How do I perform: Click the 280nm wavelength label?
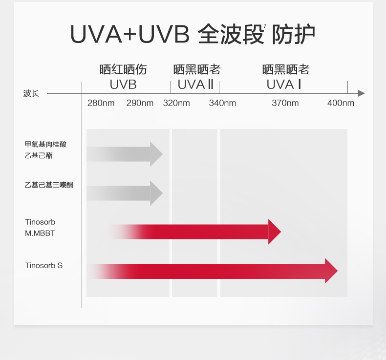[101, 103]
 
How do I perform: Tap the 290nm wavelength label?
[140, 103]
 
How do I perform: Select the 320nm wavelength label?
[176, 103]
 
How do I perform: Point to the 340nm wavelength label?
[222, 103]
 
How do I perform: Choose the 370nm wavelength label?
[285, 103]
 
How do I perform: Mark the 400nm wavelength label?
[341, 103]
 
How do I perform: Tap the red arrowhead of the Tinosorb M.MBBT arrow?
[274, 232]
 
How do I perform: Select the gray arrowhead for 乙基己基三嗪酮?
[156, 193]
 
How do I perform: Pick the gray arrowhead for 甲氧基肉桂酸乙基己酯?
[156, 154]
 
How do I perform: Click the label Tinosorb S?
[44, 266]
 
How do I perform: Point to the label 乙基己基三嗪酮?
[49, 185]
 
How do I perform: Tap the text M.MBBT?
[40, 233]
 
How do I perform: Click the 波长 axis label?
[31, 93]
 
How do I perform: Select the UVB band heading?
[123, 85]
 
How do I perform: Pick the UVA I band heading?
[284, 85]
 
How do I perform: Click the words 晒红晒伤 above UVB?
[123, 69]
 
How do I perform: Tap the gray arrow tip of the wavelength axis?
[362, 93]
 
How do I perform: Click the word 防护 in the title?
[294, 34]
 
